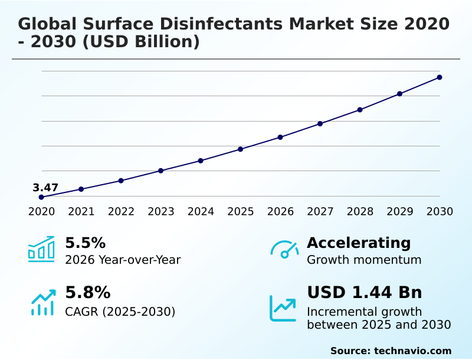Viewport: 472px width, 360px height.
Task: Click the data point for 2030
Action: click(x=440, y=77)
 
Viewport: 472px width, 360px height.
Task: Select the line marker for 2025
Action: click(x=241, y=149)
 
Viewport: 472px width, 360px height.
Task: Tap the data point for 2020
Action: click(x=41, y=197)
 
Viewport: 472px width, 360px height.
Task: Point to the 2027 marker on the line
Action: click(x=320, y=124)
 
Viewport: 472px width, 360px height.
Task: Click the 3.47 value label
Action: click(x=45, y=188)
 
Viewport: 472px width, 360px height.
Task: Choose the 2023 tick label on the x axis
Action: click(x=161, y=212)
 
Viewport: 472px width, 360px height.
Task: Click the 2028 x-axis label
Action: click(x=360, y=212)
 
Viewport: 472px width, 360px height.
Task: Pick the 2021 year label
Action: click(x=81, y=212)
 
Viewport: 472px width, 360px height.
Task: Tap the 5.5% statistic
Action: click(x=85, y=243)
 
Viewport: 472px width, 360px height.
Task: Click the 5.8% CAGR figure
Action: click(x=87, y=293)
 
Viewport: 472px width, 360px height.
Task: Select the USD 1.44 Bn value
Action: click(x=364, y=293)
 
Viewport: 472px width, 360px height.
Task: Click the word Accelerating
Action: click(x=359, y=243)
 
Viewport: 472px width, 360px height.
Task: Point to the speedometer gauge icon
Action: click(x=284, y=249)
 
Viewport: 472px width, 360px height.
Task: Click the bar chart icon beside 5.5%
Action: click(x=41, y=249)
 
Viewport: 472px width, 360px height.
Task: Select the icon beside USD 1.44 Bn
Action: click(x=283, y=308)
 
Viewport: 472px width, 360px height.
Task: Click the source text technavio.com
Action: click(x=412, y=351)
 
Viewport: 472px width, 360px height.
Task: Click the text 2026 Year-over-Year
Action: click(x=123, y=260)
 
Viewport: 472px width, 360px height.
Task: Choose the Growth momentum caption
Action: click(x=364, y=260)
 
